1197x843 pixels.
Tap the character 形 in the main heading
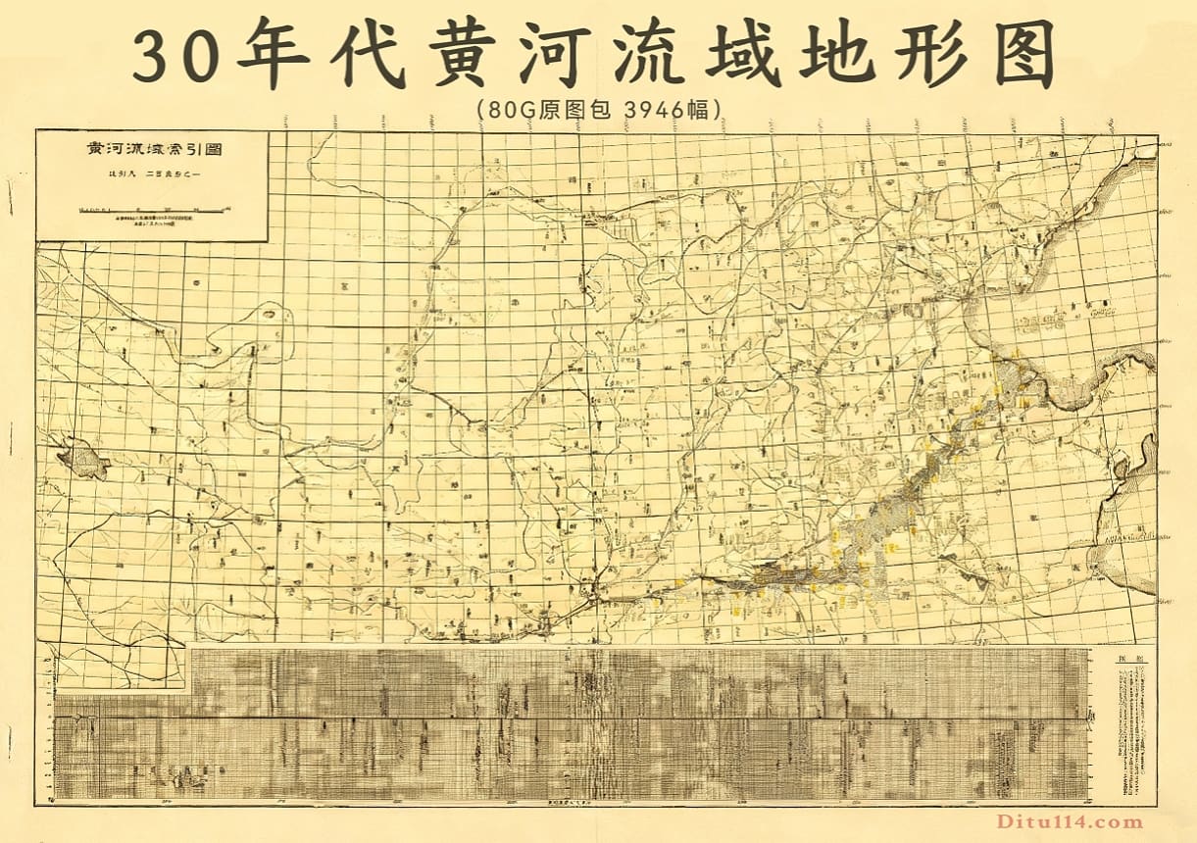tap(924, 54)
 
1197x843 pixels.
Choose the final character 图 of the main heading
tap(1018, 54)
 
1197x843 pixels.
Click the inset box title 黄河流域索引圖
tap(152, 152)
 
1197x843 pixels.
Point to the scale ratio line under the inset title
tap(152, 176)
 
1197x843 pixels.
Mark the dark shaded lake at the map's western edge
tap(82, 458)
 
